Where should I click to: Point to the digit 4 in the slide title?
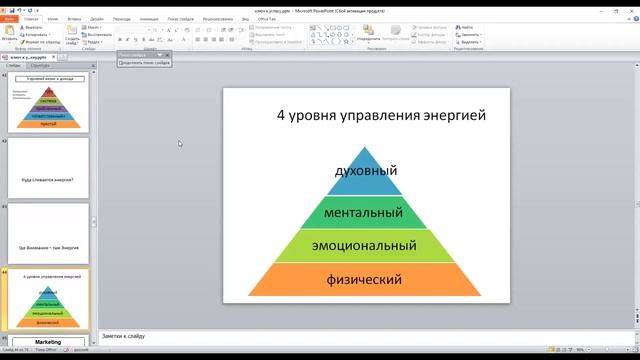281,115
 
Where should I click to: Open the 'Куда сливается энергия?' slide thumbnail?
47,168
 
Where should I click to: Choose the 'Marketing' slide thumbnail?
47,342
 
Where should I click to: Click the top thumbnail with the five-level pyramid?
47,103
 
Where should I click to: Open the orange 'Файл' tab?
9,18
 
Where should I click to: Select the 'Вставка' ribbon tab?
74,18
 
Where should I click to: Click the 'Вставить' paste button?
10,36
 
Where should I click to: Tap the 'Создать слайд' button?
72,36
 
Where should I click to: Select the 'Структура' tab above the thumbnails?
41,65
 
